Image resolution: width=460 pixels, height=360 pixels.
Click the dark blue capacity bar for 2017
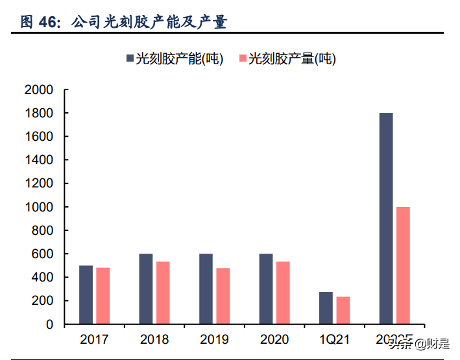point(86,294)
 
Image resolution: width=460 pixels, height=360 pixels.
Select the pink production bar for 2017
point(103,296)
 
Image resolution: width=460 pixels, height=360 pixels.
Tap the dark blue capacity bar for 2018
point(145,289)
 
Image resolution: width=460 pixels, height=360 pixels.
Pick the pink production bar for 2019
point(223,296)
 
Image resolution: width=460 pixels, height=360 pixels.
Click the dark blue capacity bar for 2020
point(265,289)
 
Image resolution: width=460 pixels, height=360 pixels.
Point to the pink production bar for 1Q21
point(343,310)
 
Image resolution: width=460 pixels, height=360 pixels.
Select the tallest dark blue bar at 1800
point(385,219)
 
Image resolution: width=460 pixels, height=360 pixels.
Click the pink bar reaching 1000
point(402,265)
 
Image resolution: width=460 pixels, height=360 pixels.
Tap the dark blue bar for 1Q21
point(326,307)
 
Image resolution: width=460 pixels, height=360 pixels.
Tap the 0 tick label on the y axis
point(49,324)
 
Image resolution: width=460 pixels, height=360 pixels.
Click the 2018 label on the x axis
point(154,339)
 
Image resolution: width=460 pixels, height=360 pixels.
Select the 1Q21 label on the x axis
point(334,339)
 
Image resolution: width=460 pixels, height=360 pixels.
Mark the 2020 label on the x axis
point(274,339)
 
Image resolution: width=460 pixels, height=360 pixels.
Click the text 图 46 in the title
point(40,23)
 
